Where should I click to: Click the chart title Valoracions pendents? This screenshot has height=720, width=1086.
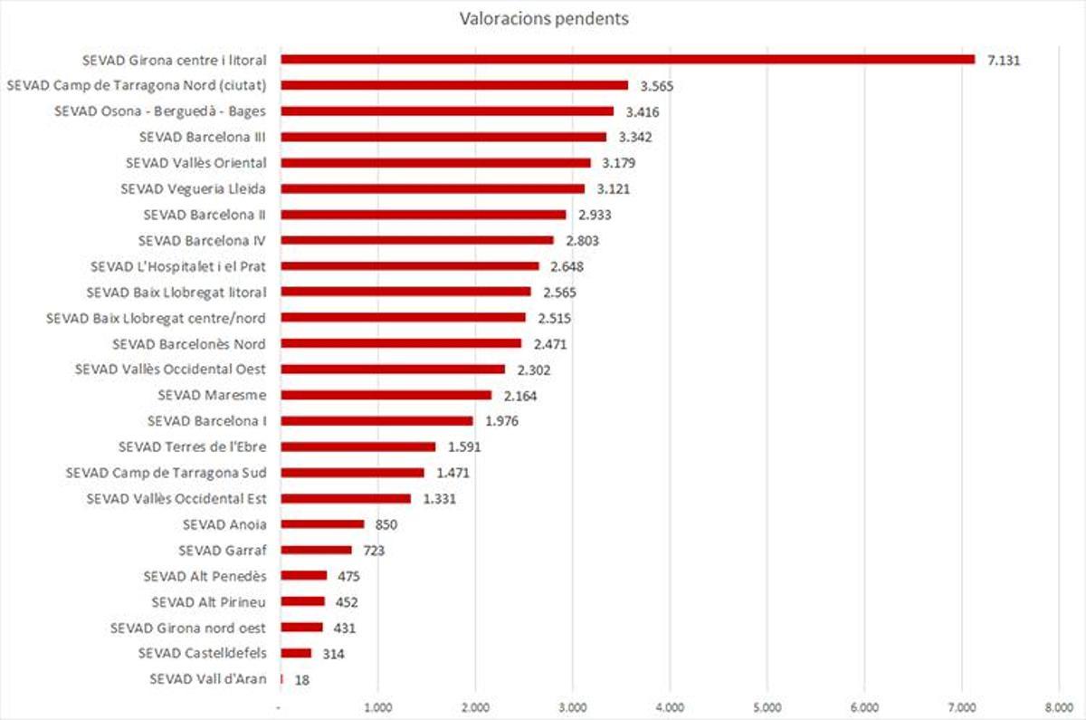tap(543, 18)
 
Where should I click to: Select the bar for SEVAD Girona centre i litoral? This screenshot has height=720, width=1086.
tap(627, 60)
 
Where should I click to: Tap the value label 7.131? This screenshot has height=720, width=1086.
tap(1004, 60)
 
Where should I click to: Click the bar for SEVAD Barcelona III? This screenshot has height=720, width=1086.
tap(443, 138)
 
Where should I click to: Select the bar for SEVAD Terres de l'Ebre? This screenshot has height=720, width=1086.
tap(358, 446)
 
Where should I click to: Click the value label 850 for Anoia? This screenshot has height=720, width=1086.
tap(386, 524)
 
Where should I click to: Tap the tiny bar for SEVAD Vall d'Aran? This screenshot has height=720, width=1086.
tap(282, 679)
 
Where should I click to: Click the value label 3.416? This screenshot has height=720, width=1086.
tap(642, 111)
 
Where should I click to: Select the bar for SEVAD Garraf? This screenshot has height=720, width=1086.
tap(317, 550)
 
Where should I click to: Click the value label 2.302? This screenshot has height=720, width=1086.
tap(533, 370)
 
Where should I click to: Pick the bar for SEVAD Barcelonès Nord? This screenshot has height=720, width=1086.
tap(402, 344)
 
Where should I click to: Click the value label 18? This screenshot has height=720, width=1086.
tap(302, 679)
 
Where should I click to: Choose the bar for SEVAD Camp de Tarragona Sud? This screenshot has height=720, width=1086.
tap(353, 473)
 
